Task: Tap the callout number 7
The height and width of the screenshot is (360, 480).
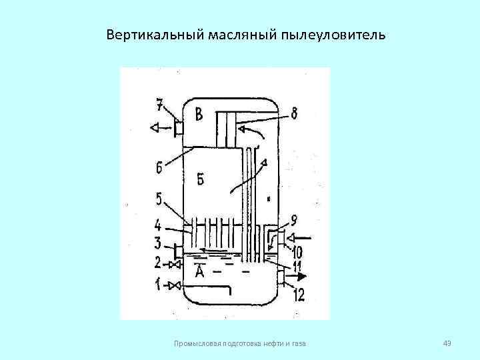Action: pyautogui.click(x=160, y=105)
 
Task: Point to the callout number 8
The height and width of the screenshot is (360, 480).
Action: pyautogui.click(x=294, y=114)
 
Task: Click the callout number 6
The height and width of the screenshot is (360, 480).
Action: pyautogui.click(x=160, y=167)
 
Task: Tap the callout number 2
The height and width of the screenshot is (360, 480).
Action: pyautogui.click(x=158, y=263)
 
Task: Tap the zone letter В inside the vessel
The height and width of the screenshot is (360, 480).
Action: pyautogui.click(x=199, y=114)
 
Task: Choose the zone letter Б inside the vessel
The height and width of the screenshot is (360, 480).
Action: pyautogui.click(x=201, y=179)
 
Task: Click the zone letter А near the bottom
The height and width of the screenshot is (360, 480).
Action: pyautogui.click(x=199, y=271)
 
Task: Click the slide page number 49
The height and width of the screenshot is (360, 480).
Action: pyautogui.click(x=447, y=343)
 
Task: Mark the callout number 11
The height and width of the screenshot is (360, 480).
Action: pyautogui.click(x=295, y=269)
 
